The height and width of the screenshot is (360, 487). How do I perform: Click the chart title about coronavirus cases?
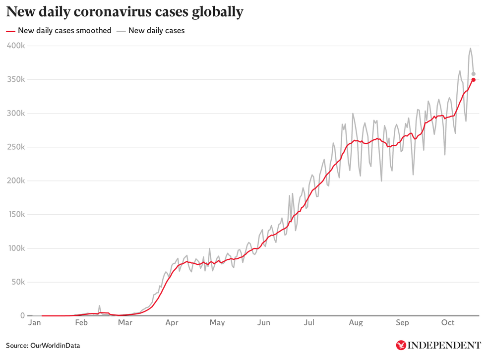click(x=124, y=12)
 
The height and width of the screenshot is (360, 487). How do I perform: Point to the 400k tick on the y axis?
click(x=16, y=46)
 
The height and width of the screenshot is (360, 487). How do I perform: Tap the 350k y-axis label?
click(x=16, y=79)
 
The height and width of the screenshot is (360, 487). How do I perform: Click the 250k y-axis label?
click(x=16, y=147)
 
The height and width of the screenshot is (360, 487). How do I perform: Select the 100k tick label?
click(x=16, y=248)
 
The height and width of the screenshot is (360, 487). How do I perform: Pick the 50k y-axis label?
click(x=18, y=282)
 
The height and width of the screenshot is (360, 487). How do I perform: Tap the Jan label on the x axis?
click(x=34, y=323)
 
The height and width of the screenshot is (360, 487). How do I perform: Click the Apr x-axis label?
click(x=172, y=323)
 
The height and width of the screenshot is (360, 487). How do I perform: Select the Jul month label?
click(x=309, y=323)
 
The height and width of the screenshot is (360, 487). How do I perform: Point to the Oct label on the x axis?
click(x=448, y=323)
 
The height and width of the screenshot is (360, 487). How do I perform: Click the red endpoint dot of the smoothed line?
click(x=474, y=80)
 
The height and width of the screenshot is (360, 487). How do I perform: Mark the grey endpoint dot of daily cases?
click(x=474, y=74)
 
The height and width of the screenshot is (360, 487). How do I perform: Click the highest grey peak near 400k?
click(x=470, y=49)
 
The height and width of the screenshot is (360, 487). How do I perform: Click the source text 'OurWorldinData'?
click(x=55, y=345)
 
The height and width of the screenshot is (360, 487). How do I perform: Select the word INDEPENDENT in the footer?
click(x=444, y=345)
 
